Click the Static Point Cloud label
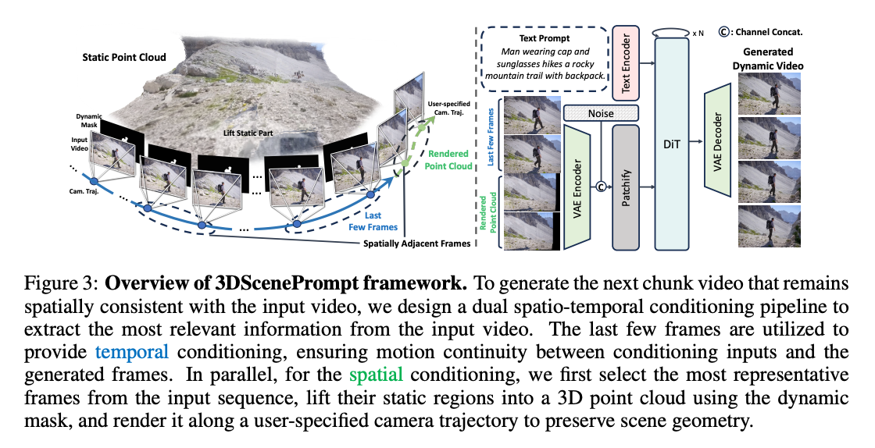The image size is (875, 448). pyautogui.click(x=120, y=57)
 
